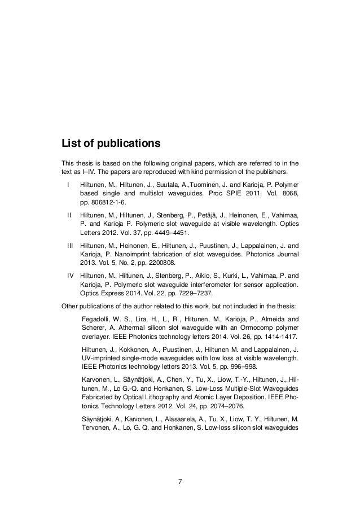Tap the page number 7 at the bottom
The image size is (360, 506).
pyautogui.click(x=179, y=482)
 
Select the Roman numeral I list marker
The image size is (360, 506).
pyautogui.click(x=68, y=185)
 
